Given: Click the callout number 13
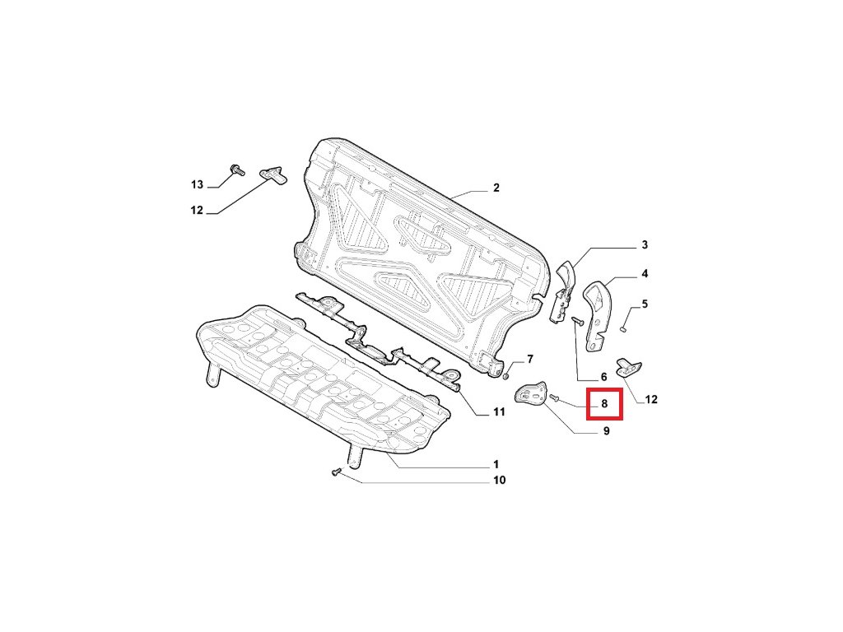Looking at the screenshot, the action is coord(197,184).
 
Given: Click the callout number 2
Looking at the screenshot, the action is coord(496,188).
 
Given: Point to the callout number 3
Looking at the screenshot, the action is coord(645,245).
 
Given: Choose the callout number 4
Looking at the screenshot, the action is coord(645,273).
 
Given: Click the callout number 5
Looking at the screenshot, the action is coord(645,304).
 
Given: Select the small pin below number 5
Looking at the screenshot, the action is coord(625,328).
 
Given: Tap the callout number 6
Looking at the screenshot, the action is coord(603,377).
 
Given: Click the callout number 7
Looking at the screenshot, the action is coord(530,359).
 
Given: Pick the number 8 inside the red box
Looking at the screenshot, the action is coord(604,404).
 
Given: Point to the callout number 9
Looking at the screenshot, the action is coord(606,431).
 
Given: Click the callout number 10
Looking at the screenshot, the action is coord(499,480).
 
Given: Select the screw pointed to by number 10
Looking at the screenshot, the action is coord(335,472).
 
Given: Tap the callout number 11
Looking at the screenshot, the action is coord(499,411).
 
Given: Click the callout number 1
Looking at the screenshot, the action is coord(496,465).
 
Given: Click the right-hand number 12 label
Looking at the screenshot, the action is coord(651,401).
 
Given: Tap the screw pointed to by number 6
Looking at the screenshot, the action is coord(577,322).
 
